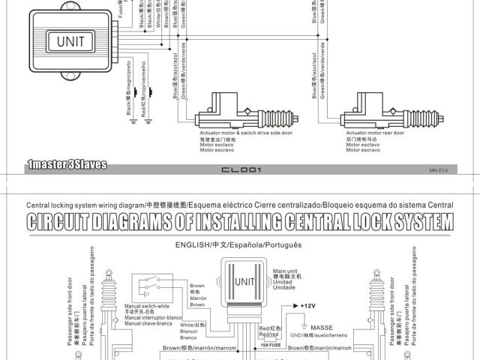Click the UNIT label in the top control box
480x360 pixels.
click(x=70, y=41)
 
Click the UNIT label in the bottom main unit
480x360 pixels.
click(x=245, y=282)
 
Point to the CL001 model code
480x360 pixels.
click(x=240, y=170)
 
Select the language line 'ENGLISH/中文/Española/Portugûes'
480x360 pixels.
click(x=238, y=245)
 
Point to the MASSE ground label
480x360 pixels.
click(x=322, y=328)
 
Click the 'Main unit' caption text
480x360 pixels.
click(x=286, y=271)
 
